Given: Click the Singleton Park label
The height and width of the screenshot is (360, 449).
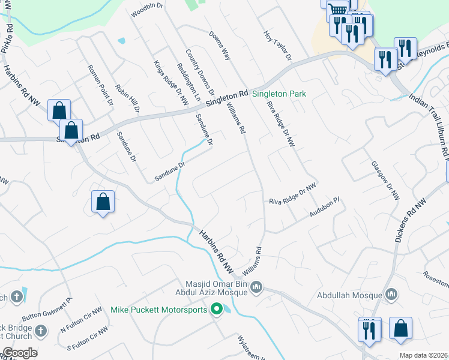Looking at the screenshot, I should [279, 94].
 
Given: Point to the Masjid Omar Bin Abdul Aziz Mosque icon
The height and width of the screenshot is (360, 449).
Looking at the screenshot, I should [256, 287].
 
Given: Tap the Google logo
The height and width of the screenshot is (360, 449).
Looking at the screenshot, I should [19, 352].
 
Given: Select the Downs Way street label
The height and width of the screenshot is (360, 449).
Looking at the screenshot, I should [220, 45].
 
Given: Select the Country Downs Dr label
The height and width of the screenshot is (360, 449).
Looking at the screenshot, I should [200, 73].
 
